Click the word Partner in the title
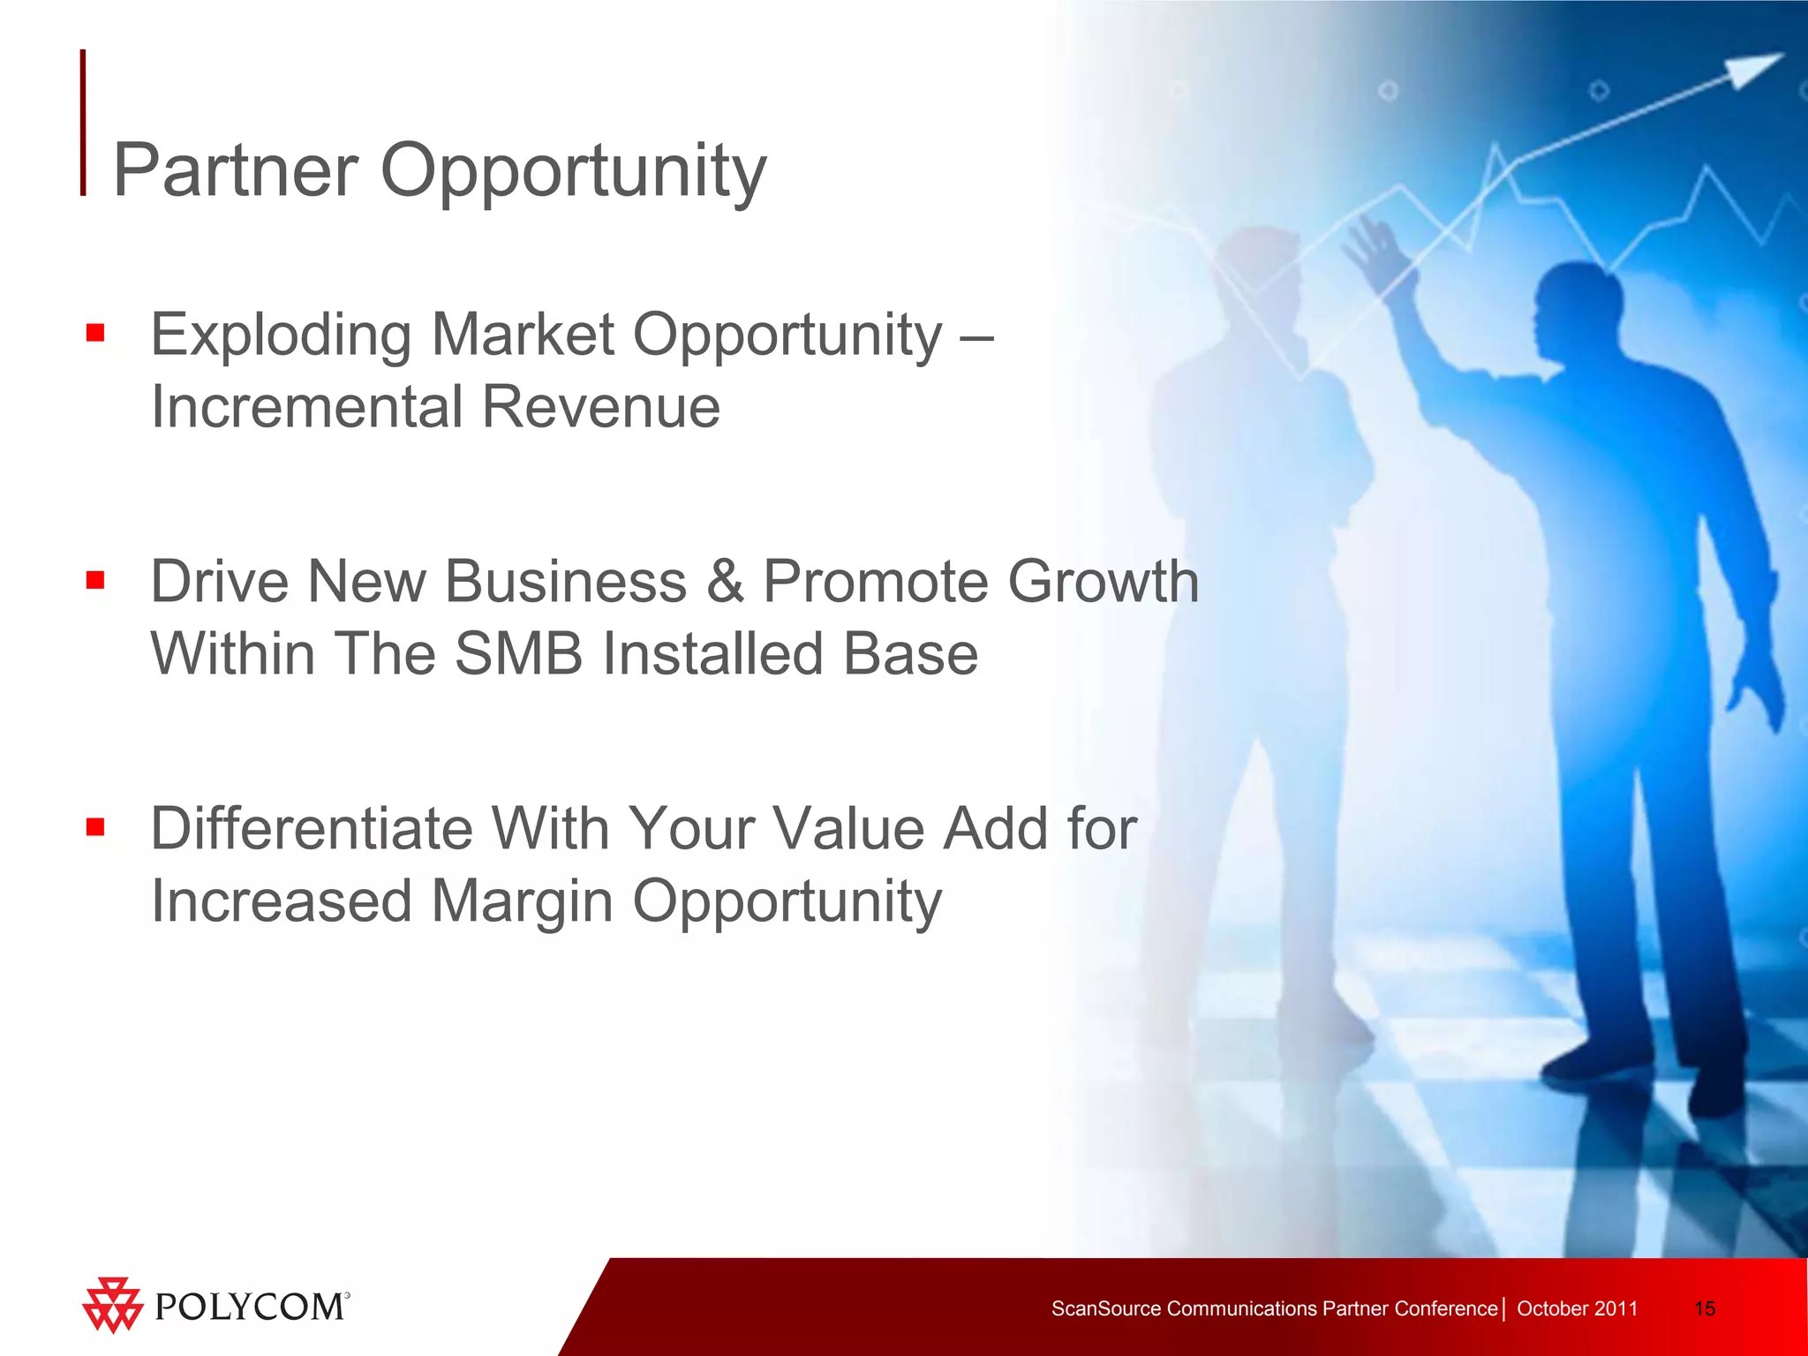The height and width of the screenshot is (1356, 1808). (x=235, y=170)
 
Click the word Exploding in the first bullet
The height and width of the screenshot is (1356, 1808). (x=281, y=335)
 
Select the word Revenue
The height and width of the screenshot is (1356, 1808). (x=600, y=408)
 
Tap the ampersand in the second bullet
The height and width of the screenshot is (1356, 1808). (x=725, y=583)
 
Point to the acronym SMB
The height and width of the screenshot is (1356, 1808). (x=518, y=654)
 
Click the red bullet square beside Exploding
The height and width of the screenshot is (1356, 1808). (x=95, y=333)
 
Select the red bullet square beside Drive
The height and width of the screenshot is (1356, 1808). (x=95, y=580)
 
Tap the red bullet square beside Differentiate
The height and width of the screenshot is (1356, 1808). (x=95, y=827)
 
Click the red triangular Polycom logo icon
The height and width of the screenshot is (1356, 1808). (x=112, y=1305)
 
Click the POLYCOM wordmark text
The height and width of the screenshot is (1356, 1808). (x=250, y=1307)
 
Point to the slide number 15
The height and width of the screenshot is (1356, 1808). (x=1705, y=1308)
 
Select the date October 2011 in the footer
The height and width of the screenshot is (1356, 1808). (x=1577, y=1308)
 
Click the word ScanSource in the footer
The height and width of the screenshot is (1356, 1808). (x=1105, y=1308)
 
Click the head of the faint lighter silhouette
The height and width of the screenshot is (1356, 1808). (x=1258, y=274)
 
